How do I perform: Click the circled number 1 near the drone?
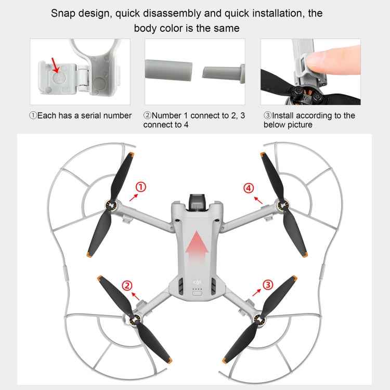tap(141, 187)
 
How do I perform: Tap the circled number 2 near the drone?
tap(126, 285)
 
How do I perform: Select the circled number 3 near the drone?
tap(267, 284)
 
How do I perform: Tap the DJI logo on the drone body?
tap(197, 282)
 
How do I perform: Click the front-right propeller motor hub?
tap(282, 206)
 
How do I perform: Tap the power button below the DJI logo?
tap(197, 293)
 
